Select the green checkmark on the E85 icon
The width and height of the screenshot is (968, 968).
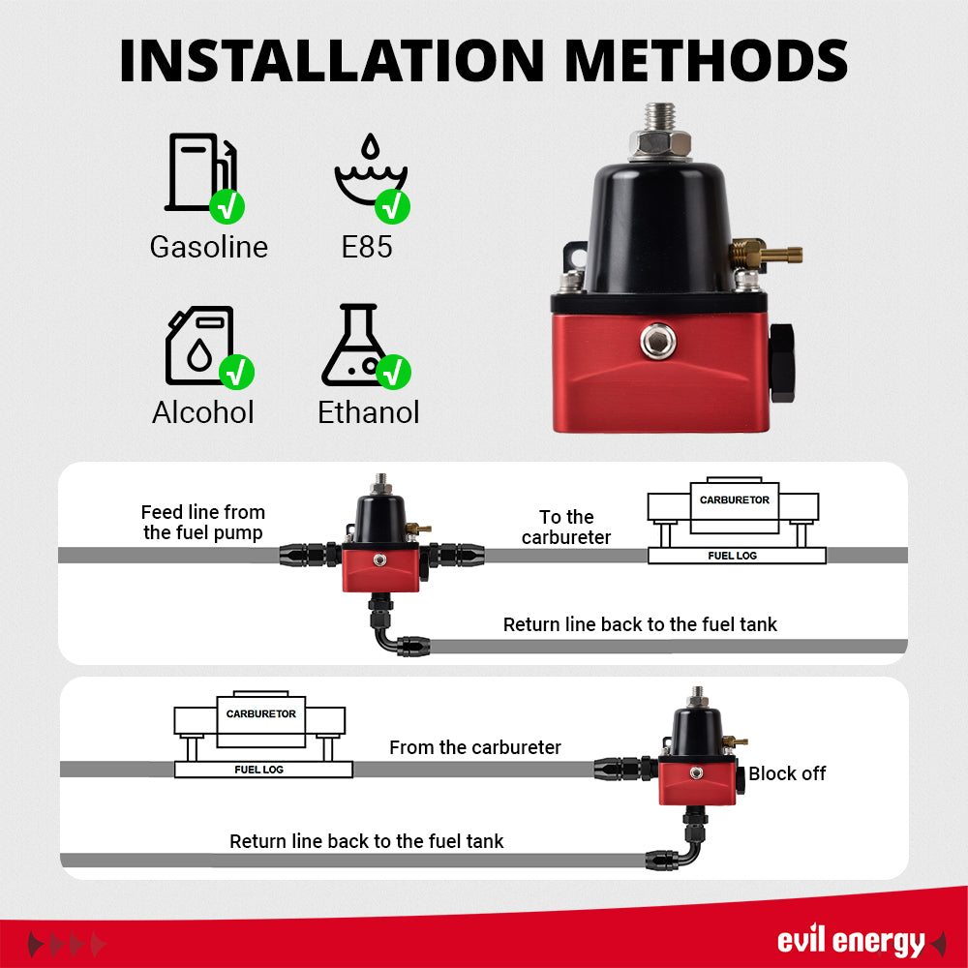click(x=393, y=205)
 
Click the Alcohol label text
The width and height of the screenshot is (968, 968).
click(x=203, y=412)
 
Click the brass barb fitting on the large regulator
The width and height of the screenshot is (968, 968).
click(x=765, y=256)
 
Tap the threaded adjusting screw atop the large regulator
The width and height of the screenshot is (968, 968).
click(x=658, y=121)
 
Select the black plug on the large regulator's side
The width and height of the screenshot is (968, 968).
click(x=782, y=363)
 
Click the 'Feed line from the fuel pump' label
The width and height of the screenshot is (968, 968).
click(x=203, y=523)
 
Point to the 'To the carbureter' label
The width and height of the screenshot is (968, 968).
click(x=566, y=527)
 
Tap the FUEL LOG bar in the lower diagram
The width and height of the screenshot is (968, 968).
click(x=262, y=770)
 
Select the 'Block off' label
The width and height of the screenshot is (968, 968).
click(x=787, y=773)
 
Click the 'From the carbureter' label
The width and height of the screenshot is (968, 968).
click(x=475, y=747)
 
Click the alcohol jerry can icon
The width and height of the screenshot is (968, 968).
click(x=198, y=346)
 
